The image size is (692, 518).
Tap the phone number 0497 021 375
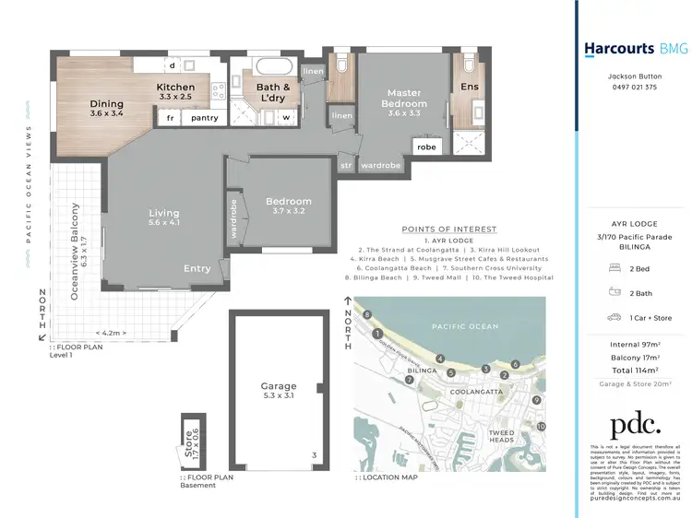(633, 88)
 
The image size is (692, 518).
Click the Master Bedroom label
(404, 98)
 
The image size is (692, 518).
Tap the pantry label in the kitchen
(204, 118)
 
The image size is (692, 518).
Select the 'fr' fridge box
(170, 118)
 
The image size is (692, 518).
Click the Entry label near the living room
(197, 269)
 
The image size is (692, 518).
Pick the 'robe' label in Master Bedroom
(426, 147)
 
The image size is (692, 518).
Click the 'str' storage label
(347, 167)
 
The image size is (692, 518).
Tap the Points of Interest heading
(449, 229)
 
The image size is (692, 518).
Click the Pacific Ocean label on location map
(465, 325)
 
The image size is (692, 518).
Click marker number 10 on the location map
(542, 427)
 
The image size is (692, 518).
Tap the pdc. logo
(636, 423)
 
